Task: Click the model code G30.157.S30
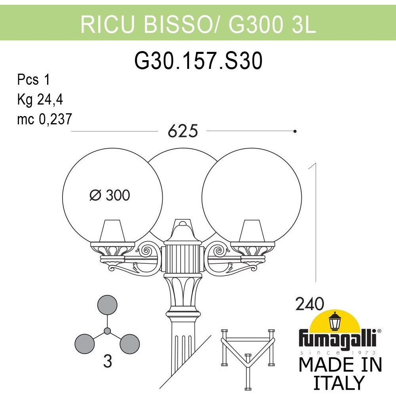pos(198,61)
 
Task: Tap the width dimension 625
pos(183,131)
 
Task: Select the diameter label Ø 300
pos(110,195)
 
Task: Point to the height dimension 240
pos(309,304)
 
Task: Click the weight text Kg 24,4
pos(40,99)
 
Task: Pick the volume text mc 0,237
pos(45,119)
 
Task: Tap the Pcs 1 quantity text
pos(33,80)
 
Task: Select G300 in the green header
pos(255,25)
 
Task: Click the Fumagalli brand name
pos(338,339)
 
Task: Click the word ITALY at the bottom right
pos(339,383)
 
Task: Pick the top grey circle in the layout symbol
pos(107,305)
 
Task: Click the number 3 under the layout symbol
pos(108,362)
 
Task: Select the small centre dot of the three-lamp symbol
pos(107,331)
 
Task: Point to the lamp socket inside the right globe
pos(252,231)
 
